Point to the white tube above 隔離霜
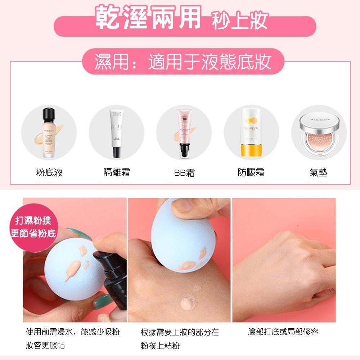[116, 133]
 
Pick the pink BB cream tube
[184, 133]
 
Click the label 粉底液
[49, 172]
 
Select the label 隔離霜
[116, 172]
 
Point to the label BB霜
[184, 173]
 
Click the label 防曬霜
[251, 172]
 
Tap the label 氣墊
[318, 172]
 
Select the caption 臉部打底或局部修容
[283, 332]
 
